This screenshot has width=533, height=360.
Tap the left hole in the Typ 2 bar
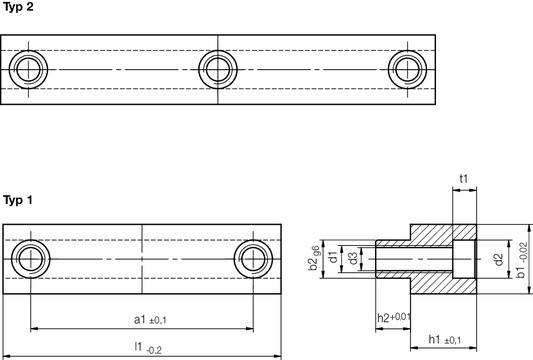click(x=27, y=68)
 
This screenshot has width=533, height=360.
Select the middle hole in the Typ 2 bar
click(x=216, y=68)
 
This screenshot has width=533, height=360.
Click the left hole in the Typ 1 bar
click(x=27, y=262)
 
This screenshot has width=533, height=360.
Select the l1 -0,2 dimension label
click(x=146, y=347)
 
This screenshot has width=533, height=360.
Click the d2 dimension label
click(x=497, y=261)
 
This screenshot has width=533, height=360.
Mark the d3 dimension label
click(x=353, y=261)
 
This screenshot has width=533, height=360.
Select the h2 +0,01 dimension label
click(x=393, y=317)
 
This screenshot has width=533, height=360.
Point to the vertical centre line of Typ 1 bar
click(x=143, y=262)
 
